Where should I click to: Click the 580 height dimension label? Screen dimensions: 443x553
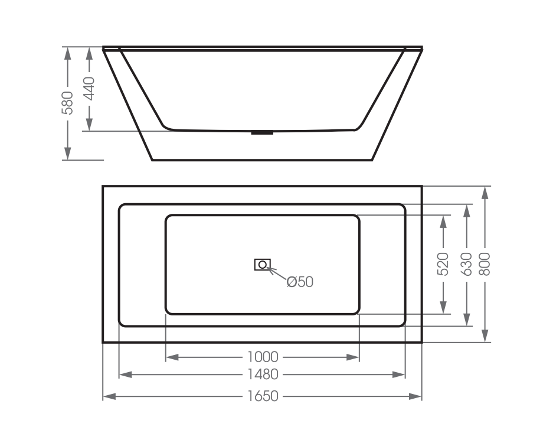click(68, 102)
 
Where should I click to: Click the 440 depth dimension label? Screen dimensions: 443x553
click(89, 89)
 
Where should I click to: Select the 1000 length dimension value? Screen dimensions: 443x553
click(263, 357)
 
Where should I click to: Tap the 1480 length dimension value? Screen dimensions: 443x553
click(263, 374)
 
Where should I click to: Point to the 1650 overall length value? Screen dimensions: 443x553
click(263, 396)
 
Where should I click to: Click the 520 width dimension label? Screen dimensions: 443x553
click(443, 264)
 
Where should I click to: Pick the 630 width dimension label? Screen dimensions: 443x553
click(466, 264)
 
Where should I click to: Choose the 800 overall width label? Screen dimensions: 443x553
click(485, 264)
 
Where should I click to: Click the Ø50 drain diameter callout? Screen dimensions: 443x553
click(300, 282)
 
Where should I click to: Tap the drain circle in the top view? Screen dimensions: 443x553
click(262, 265)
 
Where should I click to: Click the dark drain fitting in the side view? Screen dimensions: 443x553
click(262, 132)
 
